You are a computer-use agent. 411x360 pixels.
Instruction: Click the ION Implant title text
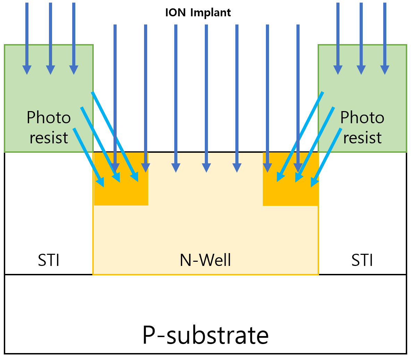pyautogui.click(x=198, y=13)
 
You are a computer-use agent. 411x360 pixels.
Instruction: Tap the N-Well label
pyautogui.click(x=205, y=260)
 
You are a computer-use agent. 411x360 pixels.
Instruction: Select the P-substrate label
pyautogui.click(x=205, y=335)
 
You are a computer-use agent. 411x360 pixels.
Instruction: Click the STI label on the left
pyautogui.click(x=49, y=260)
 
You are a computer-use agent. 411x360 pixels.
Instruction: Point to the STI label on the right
pyautogui.click(x=362, y=260)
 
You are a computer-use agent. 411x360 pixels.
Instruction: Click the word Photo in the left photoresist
pyautogui.click(x=49, y=118)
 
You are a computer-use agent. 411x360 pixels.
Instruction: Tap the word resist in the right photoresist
pyautogui.click(x=362, y=138)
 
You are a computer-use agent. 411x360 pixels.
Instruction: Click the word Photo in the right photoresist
pyautogui.click(x=362, y=118)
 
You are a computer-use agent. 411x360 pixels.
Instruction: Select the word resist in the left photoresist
pyautogui.click(x=49, y=138)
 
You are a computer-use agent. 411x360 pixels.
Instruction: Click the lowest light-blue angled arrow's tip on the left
pyautogui.click(x=101, y=183)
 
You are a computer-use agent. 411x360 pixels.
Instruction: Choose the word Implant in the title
pyautogui.click(x=210, y=13)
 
